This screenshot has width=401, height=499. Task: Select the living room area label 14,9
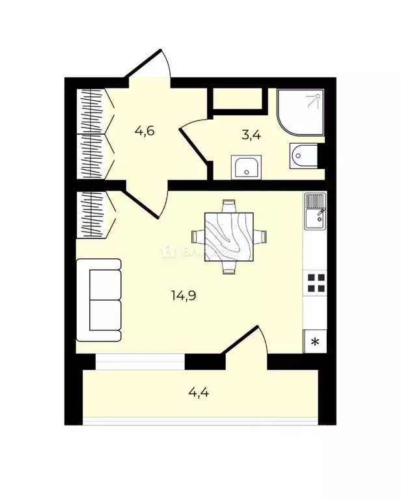pos(184,295)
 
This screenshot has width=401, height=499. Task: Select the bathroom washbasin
pos(246,167)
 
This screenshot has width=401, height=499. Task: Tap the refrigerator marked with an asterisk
pos(314,341)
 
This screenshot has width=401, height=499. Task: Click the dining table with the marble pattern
pos(228,237)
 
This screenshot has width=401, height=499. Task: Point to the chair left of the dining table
pos(197,236)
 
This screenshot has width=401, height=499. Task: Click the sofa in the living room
pos(99,300)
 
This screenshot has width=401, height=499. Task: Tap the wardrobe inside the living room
pos(95,215)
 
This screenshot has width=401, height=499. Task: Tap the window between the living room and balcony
pos(140,360)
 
